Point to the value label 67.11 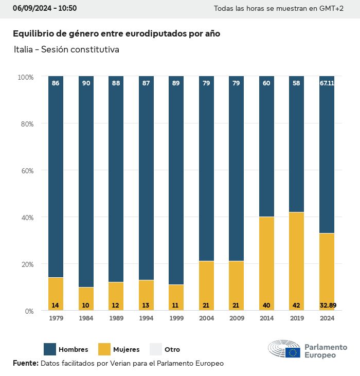327,83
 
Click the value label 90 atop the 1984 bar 86,83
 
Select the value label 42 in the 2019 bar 296,306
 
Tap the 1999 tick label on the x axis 176,318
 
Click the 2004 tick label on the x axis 206,318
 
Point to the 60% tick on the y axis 26,170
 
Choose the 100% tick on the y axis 25,77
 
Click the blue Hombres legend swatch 50,349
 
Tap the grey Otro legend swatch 156,349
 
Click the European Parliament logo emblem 284,349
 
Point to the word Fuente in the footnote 25,363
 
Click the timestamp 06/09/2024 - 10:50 45,8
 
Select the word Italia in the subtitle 24,50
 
